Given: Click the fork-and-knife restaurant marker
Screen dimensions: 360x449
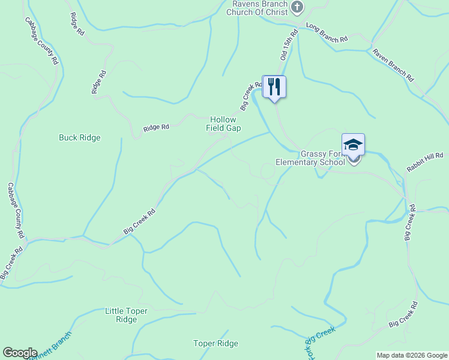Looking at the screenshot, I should coord(274,87).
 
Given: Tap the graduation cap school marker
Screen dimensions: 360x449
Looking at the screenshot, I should coord(353,145).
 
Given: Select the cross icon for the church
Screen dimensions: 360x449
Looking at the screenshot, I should coord(297,7).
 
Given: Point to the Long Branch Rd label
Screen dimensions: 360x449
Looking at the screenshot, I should coord(327,32).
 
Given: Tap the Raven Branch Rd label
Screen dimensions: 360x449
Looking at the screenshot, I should coord(393,65).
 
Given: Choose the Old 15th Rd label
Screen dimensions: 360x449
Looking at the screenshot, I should coord(289,45).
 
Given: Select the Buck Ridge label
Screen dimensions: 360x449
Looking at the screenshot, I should coord(79,137).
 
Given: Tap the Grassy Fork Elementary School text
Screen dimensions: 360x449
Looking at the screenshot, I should coord(310,157).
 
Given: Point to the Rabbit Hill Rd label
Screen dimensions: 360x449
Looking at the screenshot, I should coord(425,162).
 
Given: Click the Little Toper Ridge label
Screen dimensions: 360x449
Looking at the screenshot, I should coord(126,315).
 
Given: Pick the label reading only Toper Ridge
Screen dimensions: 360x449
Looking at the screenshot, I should coord(215,343).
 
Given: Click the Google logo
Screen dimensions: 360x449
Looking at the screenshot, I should coord(20,353).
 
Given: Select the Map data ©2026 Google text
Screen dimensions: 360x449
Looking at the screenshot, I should coord(412,355).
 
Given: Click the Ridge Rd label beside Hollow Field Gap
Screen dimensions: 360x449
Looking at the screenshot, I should coord(156,127).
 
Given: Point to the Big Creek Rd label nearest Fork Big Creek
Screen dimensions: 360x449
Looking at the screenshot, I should coord(402,316).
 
